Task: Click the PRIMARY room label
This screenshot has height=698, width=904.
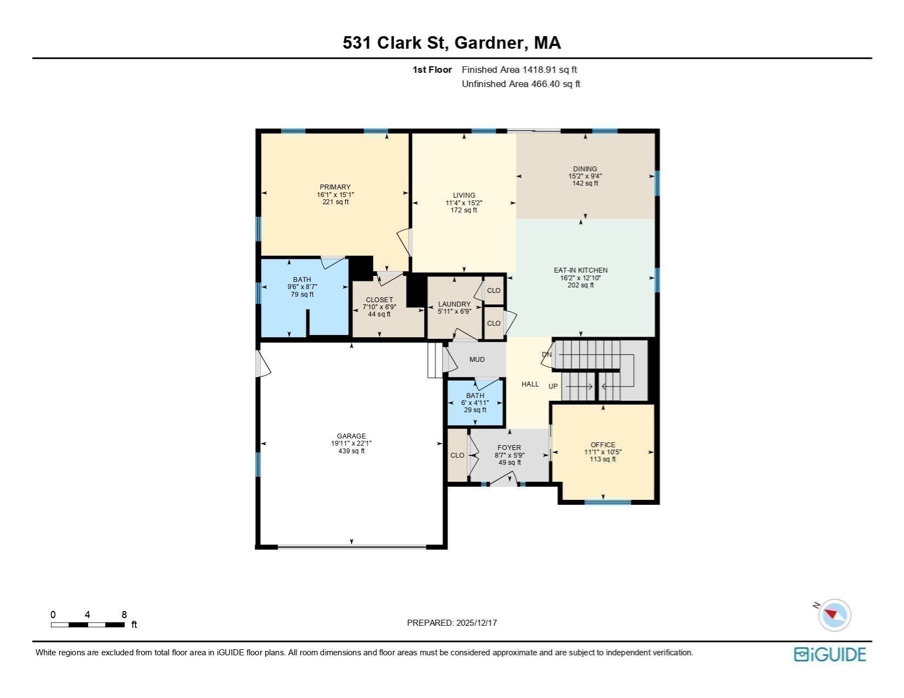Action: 335,187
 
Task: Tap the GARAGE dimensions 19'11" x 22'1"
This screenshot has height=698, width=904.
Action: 351,443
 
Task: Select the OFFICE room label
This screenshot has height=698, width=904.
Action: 603,445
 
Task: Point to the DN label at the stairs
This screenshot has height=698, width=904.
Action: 547,355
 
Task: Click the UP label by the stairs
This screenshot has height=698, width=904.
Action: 553,387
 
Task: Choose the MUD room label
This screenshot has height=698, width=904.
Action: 477,360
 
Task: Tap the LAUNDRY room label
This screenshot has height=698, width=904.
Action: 454,304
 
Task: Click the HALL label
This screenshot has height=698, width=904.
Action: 530,384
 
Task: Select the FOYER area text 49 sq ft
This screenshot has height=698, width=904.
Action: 510,463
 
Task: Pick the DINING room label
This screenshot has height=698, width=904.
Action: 585,169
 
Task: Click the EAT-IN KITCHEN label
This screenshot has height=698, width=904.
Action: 581,270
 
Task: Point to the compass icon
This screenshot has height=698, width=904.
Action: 834,615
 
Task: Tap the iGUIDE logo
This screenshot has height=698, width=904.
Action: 830,654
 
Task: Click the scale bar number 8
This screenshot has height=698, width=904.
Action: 124,614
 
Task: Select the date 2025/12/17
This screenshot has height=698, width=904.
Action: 476,623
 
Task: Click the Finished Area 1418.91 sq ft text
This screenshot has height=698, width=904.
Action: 519,70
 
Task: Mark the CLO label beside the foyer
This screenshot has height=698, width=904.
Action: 457,455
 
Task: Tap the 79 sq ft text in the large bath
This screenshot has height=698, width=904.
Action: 302,295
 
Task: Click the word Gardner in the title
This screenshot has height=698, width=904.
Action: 488,43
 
